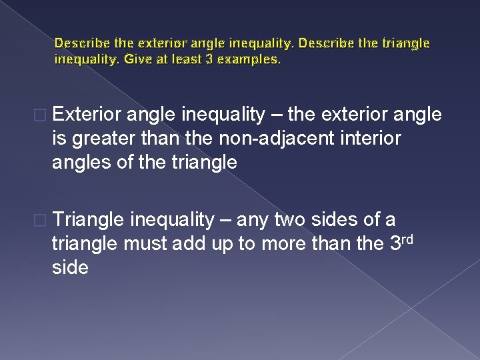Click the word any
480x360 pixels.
coord(251,220)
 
